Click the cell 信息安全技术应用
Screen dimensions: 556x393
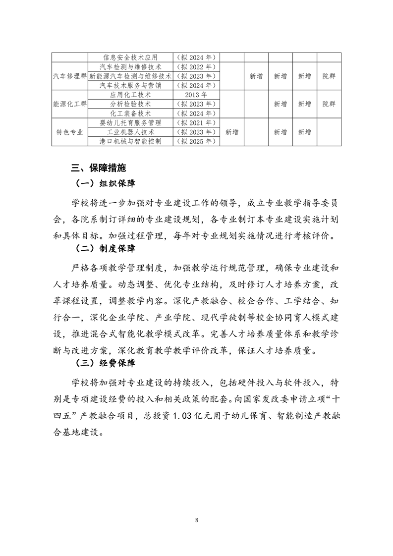(x=130, y=57)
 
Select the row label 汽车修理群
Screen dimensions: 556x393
(x=70, y=76)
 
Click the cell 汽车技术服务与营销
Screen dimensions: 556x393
(x=130, y=85)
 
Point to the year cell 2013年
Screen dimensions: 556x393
(x=196, y=95)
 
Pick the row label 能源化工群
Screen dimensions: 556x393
(x=70, y=104)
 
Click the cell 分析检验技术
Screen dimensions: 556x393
(x=130, y=104)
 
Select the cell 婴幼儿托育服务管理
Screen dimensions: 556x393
(x=130, y=123)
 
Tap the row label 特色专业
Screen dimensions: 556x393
(x=70, y=132)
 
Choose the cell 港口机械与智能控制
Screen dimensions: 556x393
(x=130, y=141)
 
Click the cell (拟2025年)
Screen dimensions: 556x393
(x=196, y=141)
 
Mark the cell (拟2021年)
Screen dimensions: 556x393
(x=196, y=123)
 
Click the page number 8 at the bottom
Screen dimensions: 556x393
(x=197, y=520)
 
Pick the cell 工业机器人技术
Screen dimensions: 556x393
(x=130, y=132)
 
